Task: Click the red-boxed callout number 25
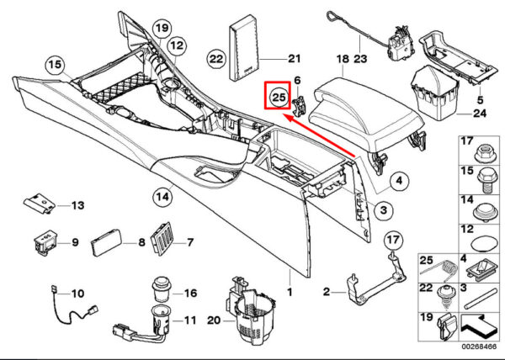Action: click(279, 97)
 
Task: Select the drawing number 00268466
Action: click(479, 347)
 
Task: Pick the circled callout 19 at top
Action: click(162, 29)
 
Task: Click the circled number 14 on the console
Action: click(162, 196)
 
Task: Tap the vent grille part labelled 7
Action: click(162, 238)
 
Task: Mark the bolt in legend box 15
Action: click(486, 179)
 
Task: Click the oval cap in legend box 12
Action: click(485, 244)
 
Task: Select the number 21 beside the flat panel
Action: click(294, 59)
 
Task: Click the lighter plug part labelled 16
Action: click(162, 289)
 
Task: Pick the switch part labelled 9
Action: click(45, 243)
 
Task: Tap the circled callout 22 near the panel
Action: click(216, 59)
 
